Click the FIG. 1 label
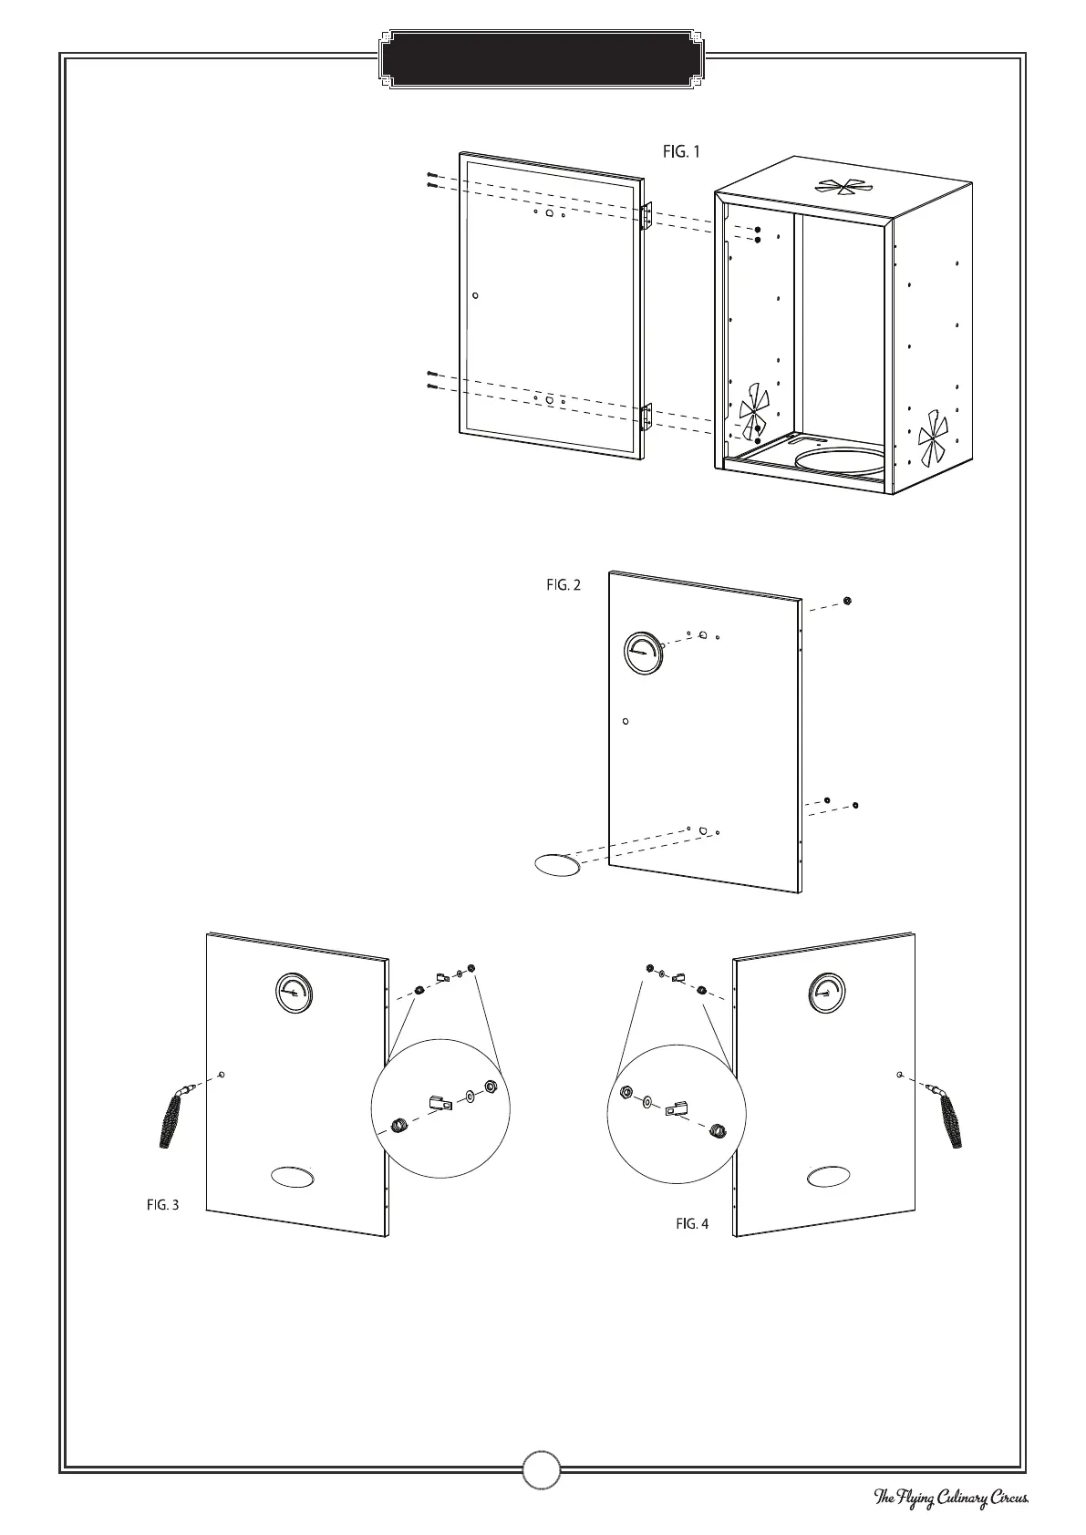[x=681, y=151]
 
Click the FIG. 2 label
[x=564, y=586]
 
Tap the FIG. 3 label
[x=163, y=1204]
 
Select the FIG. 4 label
[x=692, y=1223]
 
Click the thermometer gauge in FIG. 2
[x=645, y=654]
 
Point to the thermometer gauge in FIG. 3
[x=294, y=993]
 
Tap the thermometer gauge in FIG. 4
[x=827, y=993]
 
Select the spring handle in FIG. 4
[x=949, y=1118]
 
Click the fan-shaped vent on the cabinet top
[x=843, y=187]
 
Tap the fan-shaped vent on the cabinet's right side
[x=933, y=439]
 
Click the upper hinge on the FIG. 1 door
[x=646, y=216]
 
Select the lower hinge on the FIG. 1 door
[x=646, y=417]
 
